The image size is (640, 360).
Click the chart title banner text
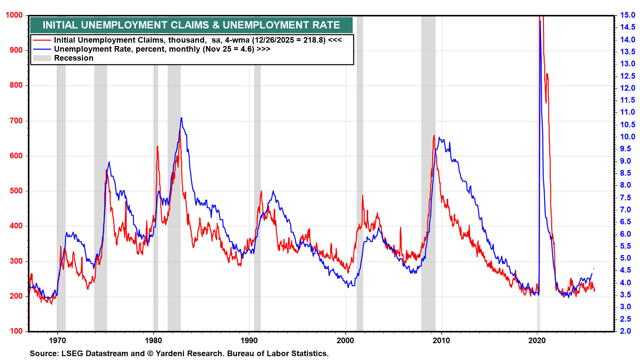(x=191, y=25)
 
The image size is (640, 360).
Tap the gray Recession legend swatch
(x=42, y=58)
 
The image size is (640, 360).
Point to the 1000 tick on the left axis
(x=14, y=15)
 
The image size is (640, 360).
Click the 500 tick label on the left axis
(x=16, y=191)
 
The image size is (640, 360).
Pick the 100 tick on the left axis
(x=16, y=331)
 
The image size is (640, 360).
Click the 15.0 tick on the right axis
(x=627, y=15)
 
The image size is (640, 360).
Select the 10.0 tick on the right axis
(x=627, y=137)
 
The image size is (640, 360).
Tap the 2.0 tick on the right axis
(x=625, y=331)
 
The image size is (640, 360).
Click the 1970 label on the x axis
(x=57, y=341)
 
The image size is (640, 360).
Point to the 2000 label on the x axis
(x=345, y=341)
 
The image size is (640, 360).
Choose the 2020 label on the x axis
(x=537, y=341)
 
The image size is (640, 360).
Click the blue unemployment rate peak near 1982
(x=181, y=118)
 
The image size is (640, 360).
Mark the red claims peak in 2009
(x=434, y=136)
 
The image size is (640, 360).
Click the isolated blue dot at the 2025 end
(x=593, y=269)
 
